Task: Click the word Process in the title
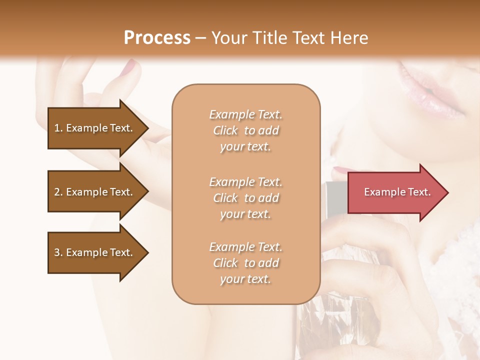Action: click(157, 38)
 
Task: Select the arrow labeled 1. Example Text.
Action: click(95, 128)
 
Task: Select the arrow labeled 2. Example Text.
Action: click(95, 192)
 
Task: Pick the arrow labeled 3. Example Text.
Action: click(95, 252)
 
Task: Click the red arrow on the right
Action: click(395, 192)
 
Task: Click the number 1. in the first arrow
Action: click(58, 128)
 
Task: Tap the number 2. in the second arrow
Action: click(58, 192)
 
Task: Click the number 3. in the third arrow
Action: click(58, 252)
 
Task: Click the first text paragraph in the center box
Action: click(245, 130)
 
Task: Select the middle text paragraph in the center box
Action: click(245, 198)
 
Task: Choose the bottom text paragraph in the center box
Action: click(245, 263)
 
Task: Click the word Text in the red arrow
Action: click(419, 192)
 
